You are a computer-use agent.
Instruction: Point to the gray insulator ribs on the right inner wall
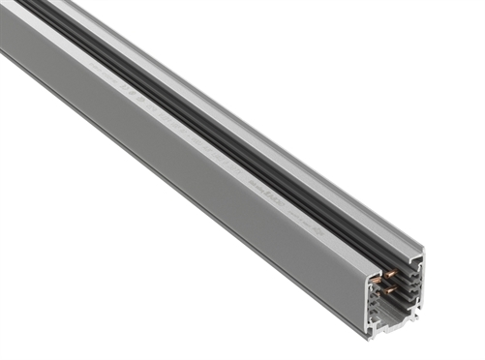click(x=414, y=283)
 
